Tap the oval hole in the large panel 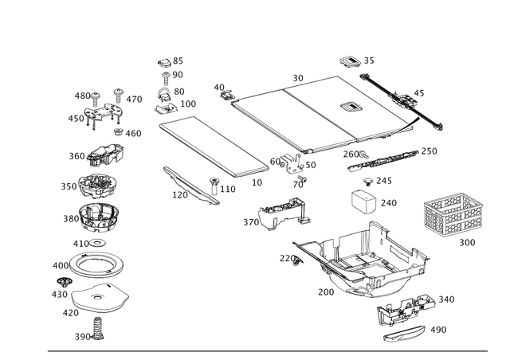(x=349, y=105)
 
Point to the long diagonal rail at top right (x=403, y=100)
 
